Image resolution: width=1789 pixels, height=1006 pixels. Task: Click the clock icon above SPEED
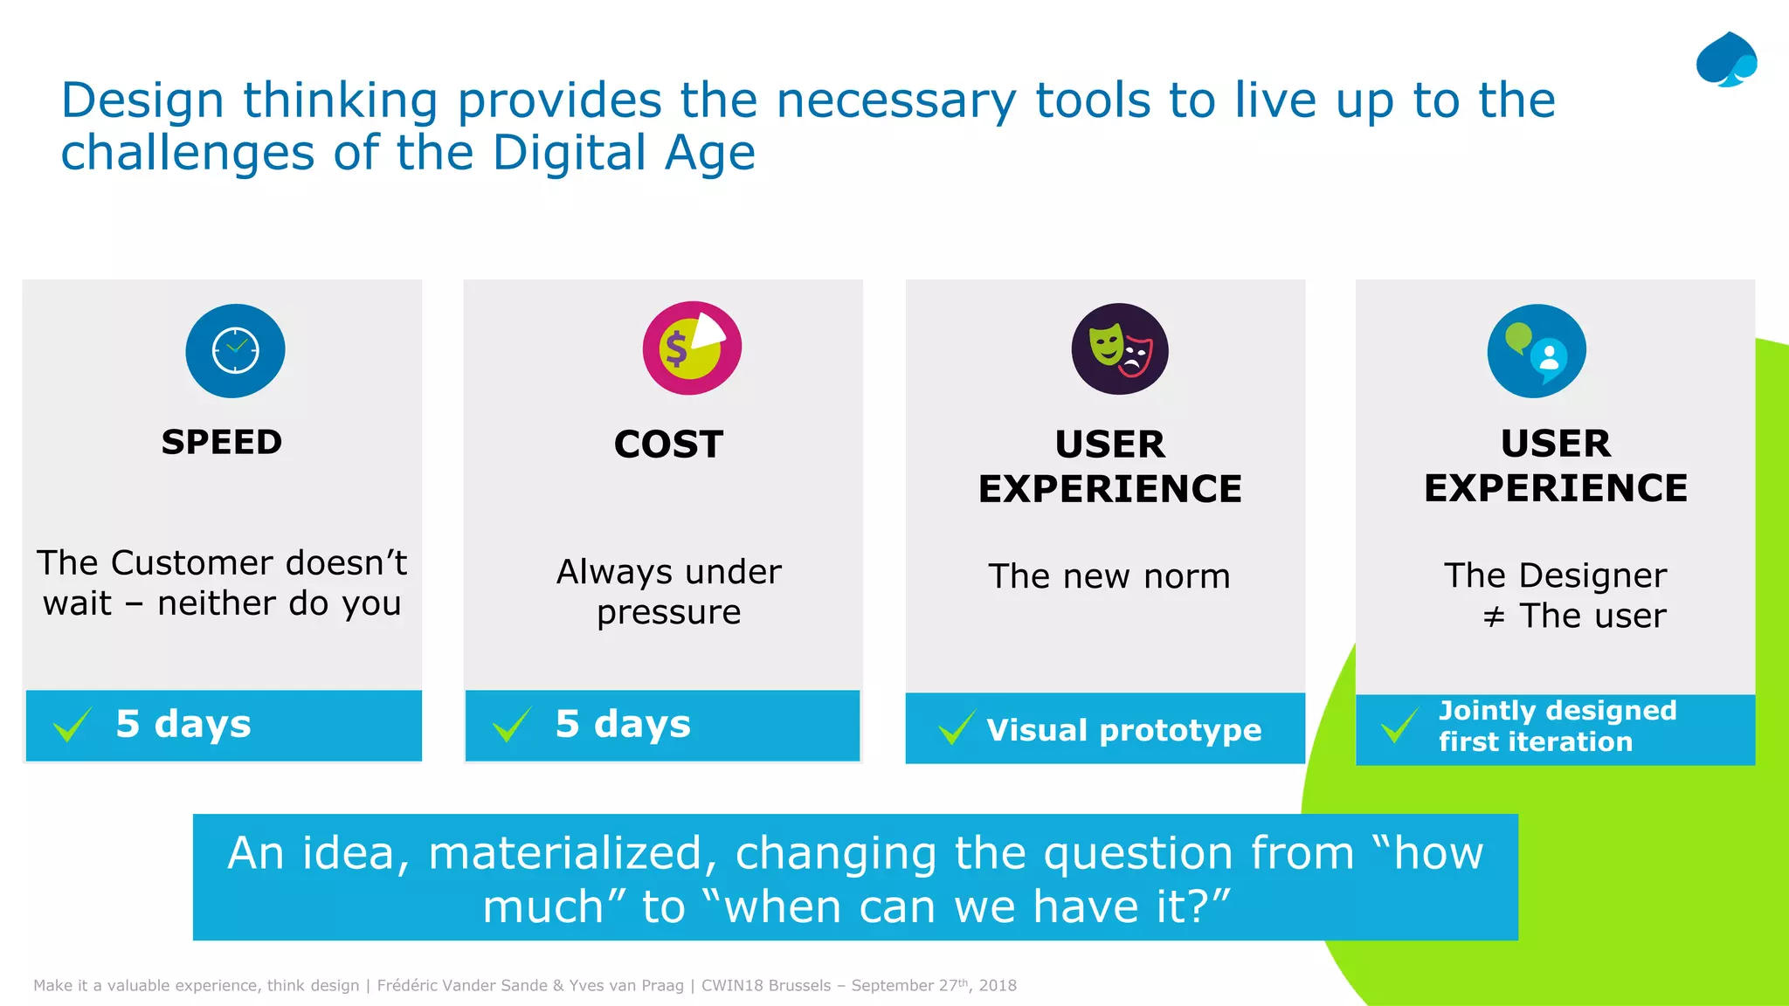pos(235,350)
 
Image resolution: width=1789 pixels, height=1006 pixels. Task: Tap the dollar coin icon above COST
pos(692,348)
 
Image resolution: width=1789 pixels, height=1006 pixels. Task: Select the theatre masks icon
pos(1120,349)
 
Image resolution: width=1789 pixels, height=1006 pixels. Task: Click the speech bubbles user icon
pos(1537,351)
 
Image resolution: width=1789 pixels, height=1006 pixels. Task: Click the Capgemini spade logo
pos(1726,60)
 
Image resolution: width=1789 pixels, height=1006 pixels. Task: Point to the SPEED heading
pos(222,442)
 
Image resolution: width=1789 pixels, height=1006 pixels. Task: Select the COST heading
pos(668,444)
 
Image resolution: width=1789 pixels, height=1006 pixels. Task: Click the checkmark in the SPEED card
pos(73,724)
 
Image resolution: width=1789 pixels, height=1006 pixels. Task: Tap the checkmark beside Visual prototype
pos(957,727)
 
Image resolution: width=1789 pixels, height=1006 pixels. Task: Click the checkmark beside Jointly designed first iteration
pos(1399,726)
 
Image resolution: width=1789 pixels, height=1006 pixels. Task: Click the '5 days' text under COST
pos(623,724)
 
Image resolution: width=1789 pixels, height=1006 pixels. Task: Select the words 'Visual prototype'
pos(1123,730)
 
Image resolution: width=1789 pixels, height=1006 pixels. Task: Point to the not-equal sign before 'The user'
pos(1494,617)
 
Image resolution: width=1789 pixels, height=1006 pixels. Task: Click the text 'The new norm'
pos(1109,576)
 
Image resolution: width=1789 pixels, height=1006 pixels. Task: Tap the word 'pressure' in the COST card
pos(668,613)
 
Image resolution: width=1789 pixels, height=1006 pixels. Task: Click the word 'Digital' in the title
pos(569,153)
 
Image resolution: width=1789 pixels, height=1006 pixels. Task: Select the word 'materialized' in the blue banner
pos(572,853)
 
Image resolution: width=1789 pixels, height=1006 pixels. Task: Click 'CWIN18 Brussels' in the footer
pos(766,986)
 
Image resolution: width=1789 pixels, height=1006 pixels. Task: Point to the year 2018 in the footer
pos(998,986)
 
